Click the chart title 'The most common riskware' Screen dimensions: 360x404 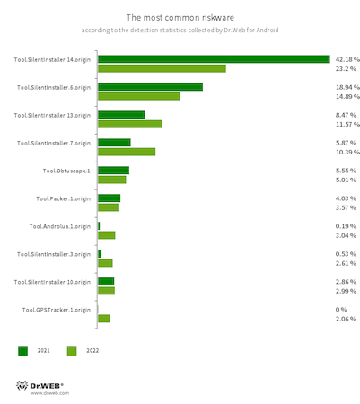[180, 18]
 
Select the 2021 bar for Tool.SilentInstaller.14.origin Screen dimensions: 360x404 [214, 59]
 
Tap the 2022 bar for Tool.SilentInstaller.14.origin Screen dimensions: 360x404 [162, 68]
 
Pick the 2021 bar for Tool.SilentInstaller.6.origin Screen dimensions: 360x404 [150, 87]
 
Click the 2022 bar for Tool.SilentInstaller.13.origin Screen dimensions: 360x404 [130, 124]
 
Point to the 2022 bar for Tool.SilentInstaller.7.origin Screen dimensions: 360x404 [127, 152]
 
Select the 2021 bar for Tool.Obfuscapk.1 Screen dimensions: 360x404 [113, 171]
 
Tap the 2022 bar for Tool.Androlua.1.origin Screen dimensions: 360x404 [107, 235]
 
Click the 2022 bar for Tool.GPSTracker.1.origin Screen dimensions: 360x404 [104, 319]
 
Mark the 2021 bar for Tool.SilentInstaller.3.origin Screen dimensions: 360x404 [100, 254]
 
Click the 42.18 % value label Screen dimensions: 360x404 [347, 59]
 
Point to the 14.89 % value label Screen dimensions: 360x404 [347, 96]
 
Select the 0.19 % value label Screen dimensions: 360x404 [346, 226]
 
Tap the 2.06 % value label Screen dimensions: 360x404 [346, 319]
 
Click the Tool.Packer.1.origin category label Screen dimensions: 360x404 [63, 198]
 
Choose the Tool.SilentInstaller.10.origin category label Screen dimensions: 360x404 [52, 282]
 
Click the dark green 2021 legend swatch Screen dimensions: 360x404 [22, 350]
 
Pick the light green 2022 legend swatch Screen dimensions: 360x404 [72, 350]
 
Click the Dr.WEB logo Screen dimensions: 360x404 [40, 385]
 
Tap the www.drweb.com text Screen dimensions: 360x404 [49, 393]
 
